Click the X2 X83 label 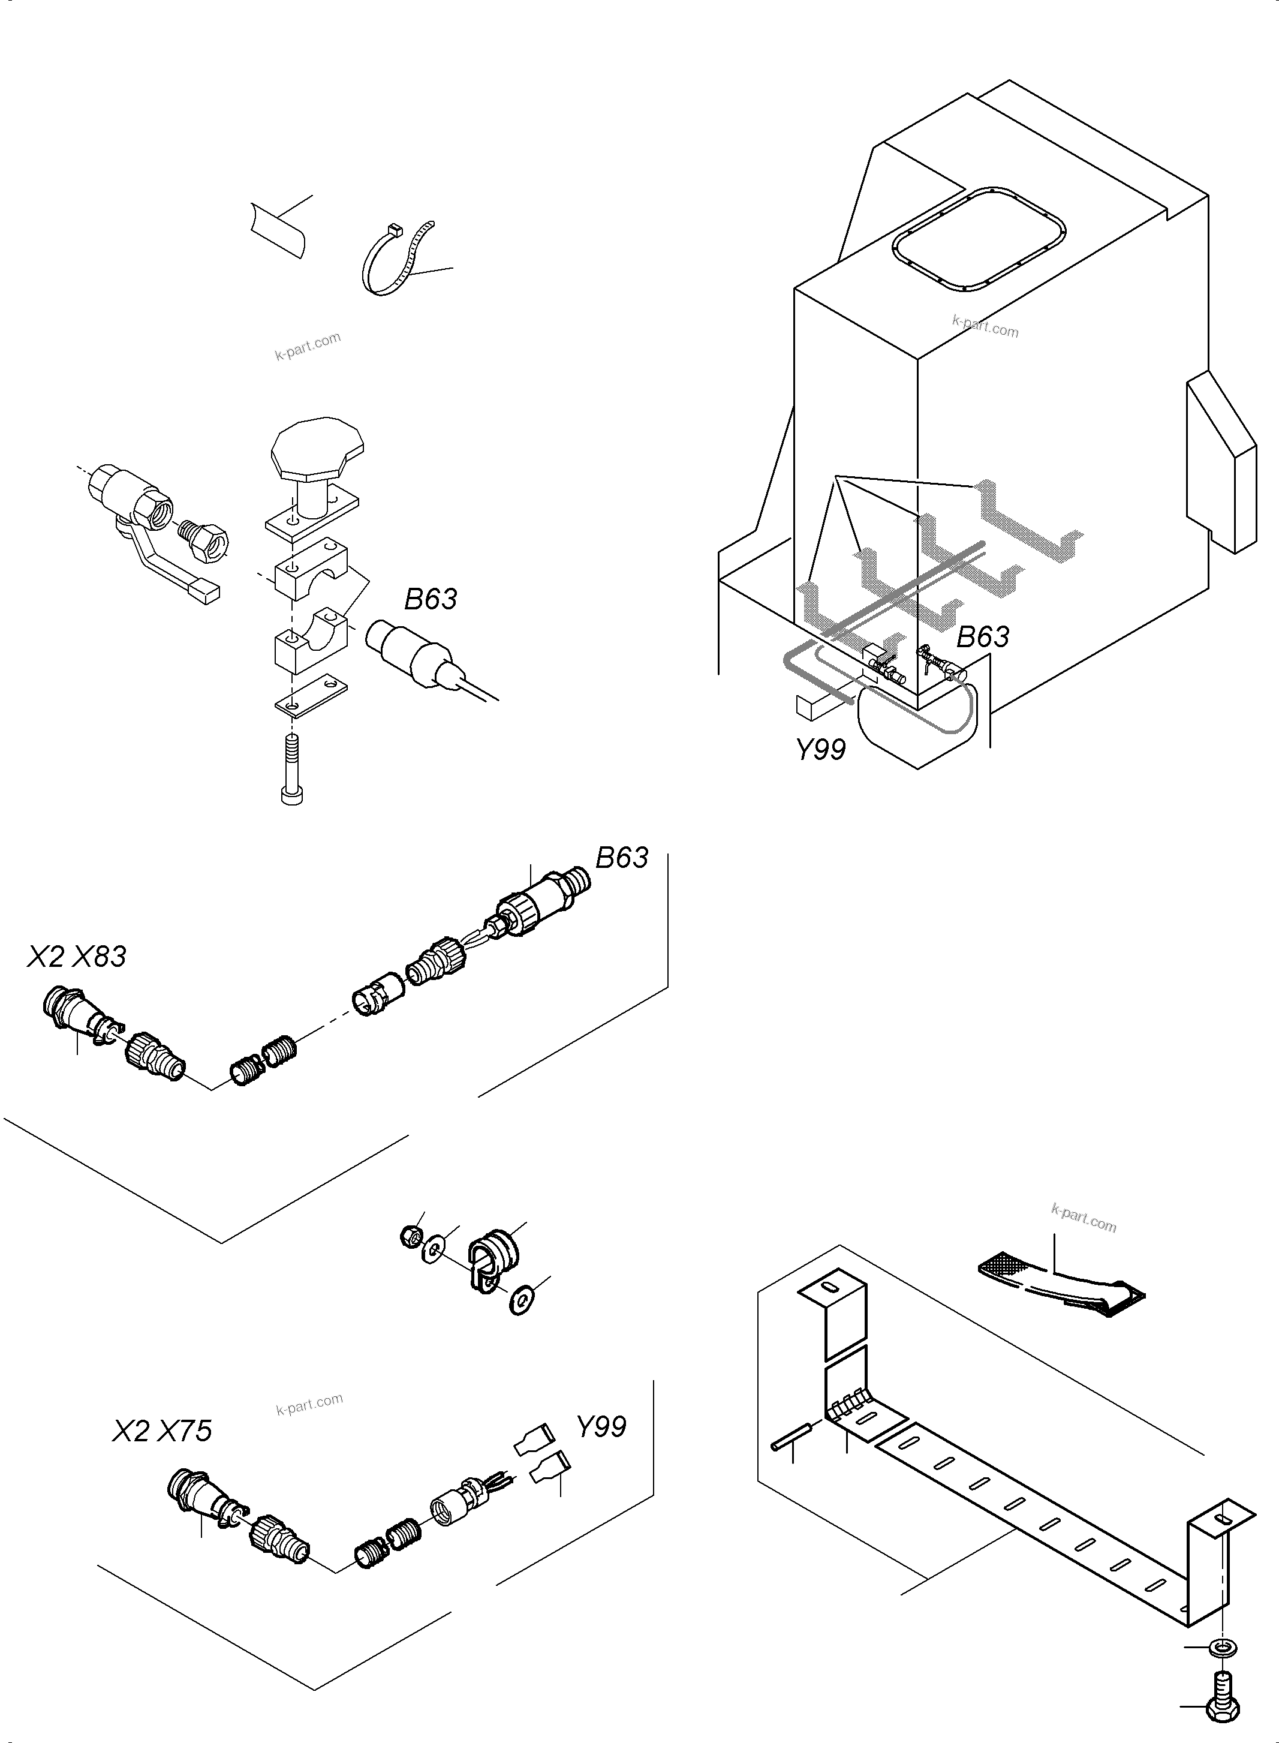point(77,957)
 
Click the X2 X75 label point(162,1431)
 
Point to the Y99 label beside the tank point(821,749)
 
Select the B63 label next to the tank point(982,636)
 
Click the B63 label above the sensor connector point(622,858)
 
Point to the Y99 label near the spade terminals point(601,1426)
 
